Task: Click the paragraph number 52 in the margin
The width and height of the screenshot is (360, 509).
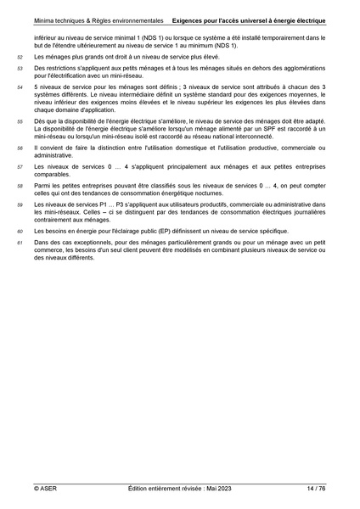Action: coord(20,57)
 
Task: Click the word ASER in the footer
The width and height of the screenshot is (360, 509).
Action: coord(47,489)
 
